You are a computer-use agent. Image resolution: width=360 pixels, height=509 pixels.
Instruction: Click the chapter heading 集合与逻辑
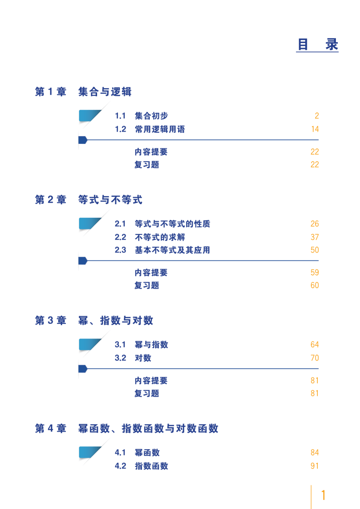(105, 92)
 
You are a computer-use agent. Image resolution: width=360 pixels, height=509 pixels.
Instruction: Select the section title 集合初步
(151, 116)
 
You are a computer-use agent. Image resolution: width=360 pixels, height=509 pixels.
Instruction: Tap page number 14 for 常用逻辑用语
(315, 129)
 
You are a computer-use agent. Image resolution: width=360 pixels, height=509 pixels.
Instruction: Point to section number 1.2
(120, 129)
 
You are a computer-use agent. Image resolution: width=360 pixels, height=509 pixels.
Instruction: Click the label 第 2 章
(51, 200)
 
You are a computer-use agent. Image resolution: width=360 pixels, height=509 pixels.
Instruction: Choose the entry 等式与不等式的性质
(173, 224)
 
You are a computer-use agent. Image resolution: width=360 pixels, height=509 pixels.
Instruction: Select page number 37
(315, 237)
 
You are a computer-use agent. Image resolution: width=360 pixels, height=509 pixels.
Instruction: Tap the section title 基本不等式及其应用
(173, 250)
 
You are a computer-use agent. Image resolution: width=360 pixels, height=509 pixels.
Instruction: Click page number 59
(315, 272)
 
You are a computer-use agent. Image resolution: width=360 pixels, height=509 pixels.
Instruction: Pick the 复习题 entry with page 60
(147, 285)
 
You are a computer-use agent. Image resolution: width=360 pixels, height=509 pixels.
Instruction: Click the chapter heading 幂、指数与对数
(116, 321)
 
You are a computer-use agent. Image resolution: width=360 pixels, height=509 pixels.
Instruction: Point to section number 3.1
(120, 345)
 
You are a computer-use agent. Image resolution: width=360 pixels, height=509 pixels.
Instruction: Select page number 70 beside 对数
(315, 358)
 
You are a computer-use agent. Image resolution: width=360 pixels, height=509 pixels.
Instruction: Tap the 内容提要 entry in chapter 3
(151, 381)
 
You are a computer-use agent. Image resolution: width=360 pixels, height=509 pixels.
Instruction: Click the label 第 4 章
(51, 429)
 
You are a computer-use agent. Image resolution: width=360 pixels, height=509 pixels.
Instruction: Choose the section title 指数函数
(151, 466)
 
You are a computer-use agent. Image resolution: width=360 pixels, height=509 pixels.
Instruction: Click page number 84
(315, 452)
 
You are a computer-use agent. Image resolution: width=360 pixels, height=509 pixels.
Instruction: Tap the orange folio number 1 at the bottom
(323, 495)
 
